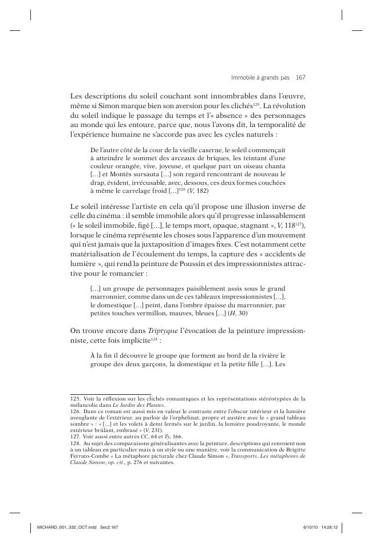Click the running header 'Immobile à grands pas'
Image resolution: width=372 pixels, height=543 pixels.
pyautogui.click(x=261, y=76)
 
